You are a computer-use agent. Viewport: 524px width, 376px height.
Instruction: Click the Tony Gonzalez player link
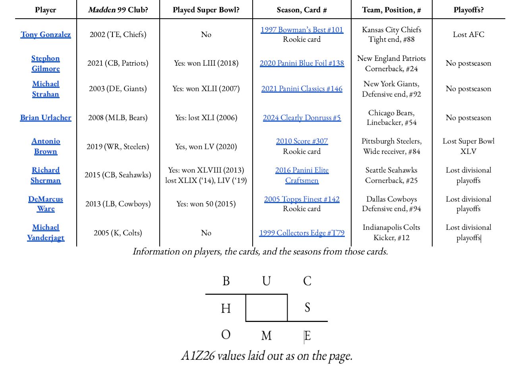[x=46, y=35]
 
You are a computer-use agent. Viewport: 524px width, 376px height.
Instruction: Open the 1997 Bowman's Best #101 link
[x=302, y=30]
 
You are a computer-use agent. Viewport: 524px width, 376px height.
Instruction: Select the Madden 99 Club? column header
[x=118, y=10]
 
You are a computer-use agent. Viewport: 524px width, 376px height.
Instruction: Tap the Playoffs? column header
[x=468, y=10]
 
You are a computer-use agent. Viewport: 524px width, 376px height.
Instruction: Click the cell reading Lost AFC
[x=468, y=35]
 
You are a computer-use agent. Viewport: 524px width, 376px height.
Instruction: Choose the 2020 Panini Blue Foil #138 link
[x=302, y=63]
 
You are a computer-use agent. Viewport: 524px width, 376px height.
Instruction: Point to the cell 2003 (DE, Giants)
[x=118, y=89]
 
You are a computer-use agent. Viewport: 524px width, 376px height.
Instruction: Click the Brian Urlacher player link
[x=46, y=118]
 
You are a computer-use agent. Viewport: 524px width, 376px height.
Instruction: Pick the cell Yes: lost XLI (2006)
[x=206, y=118]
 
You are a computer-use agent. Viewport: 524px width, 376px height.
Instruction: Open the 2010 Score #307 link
[x=302, y=141]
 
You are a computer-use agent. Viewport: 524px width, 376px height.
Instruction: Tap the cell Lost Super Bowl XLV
[x=468, y=146]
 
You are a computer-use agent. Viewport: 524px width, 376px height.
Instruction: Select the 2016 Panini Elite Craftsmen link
[x=302, y=175]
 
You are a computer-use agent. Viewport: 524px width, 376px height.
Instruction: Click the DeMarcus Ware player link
[x=46, y=204]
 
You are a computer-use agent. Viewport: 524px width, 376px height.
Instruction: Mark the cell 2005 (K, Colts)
[x=118, y=233]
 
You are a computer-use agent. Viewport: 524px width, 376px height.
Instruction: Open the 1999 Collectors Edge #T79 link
[x=302, y=233]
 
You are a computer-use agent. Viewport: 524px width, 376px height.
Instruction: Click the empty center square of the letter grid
[x=267, y=308]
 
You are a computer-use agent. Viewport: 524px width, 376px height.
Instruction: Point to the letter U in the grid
[x=267, y=281]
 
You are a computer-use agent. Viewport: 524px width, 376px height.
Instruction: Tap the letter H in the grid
[x=226, y=308]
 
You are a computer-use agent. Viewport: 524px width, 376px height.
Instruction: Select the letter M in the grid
[x=267, y=336]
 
